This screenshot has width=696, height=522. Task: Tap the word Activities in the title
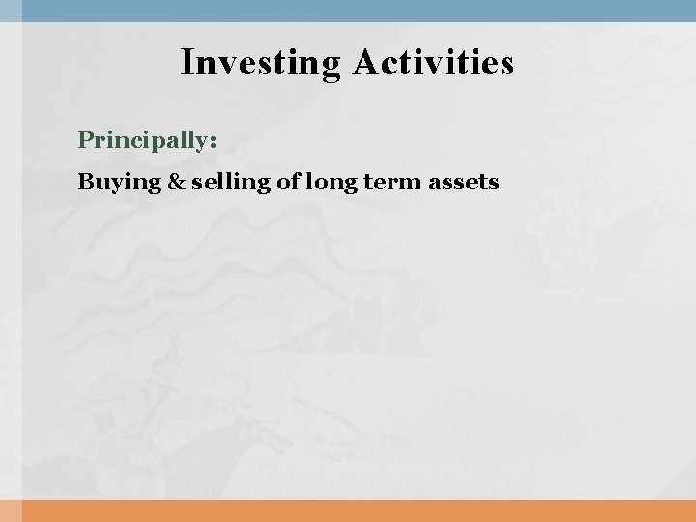pos(434,63)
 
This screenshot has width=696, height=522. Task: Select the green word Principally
pos(144,141)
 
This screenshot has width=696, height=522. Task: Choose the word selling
pos(204,181)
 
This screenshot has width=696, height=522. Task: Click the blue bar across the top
pos(348,10)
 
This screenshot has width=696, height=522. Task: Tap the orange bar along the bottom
pos(348,511)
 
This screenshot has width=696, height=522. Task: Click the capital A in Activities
pos(365,63)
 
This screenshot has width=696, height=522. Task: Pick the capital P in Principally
pos(85,141)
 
